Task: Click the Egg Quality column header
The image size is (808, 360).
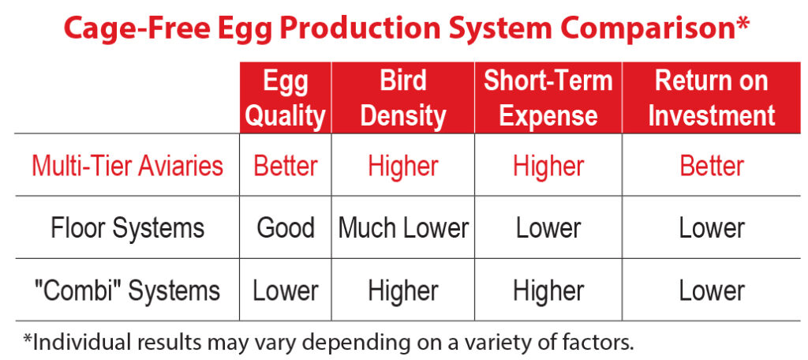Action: click(x=286, y=98)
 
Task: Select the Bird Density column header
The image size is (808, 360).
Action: click(x=403, y=98)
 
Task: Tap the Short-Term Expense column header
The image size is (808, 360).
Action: click(x=548, y=98)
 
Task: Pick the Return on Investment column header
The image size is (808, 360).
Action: click(x=712, y=98)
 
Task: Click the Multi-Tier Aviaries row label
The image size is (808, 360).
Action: click(x=127, y=166)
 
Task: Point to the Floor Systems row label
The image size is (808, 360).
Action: click(x=127, y=228)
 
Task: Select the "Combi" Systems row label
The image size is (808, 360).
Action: click(x=127, y=290)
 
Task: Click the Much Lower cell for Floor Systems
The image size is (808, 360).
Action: click(x=403, y=228)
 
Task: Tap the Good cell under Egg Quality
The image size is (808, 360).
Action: click(x=286, y=228)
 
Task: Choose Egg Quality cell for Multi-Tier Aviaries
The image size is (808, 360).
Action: click(x=286, y=166)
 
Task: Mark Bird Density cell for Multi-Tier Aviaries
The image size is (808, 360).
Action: click(x=403, y=166)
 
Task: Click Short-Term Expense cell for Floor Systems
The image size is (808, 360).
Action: click(x=548, y=228)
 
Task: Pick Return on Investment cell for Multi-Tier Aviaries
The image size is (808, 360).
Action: click(x=712, y=166)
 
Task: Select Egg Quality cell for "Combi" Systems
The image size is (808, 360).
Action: click(x=286, y=290)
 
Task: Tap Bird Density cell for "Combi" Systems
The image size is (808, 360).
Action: click(x=403, y=290)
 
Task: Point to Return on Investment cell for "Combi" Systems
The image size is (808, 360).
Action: click(x=712, y=290)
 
